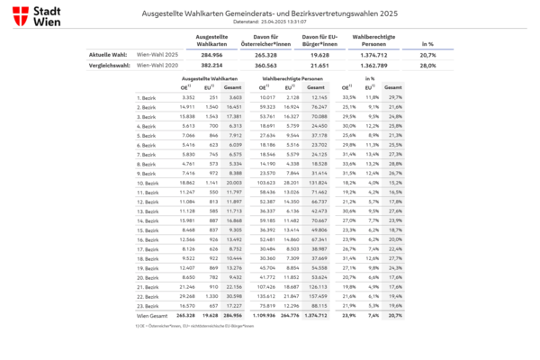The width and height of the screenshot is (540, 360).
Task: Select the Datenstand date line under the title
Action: (x=270, y=22)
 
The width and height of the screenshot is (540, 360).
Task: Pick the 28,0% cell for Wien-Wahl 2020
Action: (x=427, y=66)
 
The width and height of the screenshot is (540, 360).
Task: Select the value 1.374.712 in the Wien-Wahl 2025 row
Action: (x=371, y=55)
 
